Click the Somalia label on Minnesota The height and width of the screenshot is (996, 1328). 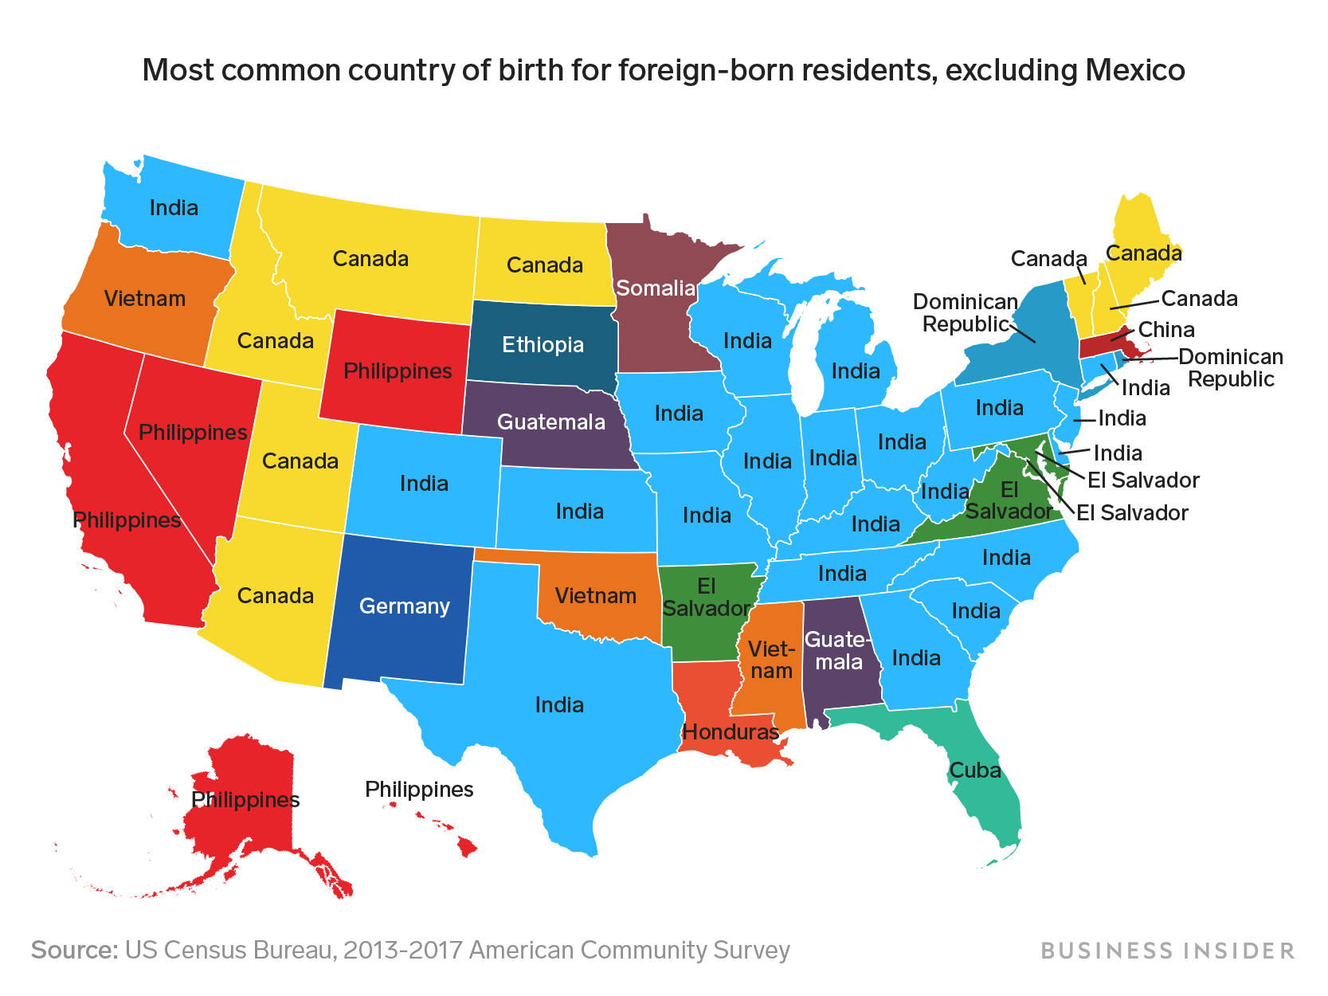(656, 288)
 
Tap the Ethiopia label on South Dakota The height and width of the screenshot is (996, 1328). (543, 345)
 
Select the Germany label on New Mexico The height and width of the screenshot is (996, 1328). (405, 606)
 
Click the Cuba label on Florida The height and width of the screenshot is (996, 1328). (974, 771)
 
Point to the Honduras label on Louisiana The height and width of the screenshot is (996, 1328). (731, 731)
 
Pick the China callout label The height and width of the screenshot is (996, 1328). (1165, 330)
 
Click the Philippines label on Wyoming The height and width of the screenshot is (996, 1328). (398, 371)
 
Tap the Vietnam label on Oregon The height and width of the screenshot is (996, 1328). (145, 299)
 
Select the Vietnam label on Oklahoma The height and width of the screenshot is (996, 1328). (595, 596)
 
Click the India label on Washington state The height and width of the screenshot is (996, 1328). (174, 208)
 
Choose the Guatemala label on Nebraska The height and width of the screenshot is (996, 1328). (551, 422)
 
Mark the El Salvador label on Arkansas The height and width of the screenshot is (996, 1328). (706, 598)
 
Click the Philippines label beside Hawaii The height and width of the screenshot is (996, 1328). (419, 790)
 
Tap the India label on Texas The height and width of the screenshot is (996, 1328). (559, 705)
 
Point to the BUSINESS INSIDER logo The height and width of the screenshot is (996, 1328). (1167, 951)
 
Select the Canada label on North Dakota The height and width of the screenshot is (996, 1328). (545, 265)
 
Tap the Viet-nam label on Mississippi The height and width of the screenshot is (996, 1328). (771, 661)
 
